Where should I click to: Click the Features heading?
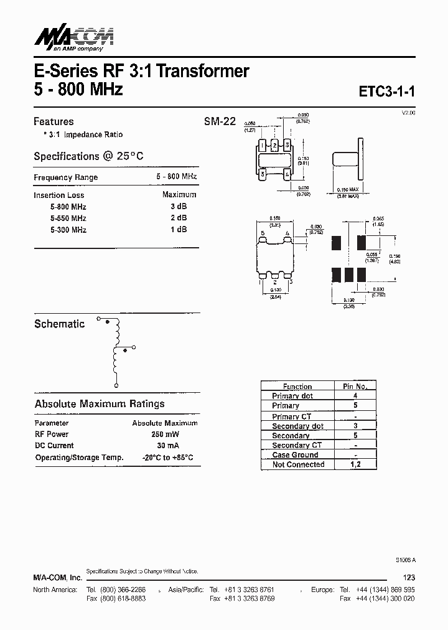54,121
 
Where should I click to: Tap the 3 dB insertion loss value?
179,207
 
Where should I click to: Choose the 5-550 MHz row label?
68,218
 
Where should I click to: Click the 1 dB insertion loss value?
179,229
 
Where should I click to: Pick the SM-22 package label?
220,122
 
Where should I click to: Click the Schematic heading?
59,324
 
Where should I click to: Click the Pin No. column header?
355,386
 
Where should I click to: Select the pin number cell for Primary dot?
355,395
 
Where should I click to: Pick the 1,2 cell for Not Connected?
355,464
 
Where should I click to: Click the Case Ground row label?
295,455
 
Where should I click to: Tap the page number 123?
408,577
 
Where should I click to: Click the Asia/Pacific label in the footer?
185,589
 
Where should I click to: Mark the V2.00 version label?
408,112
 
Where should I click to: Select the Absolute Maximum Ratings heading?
100,403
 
